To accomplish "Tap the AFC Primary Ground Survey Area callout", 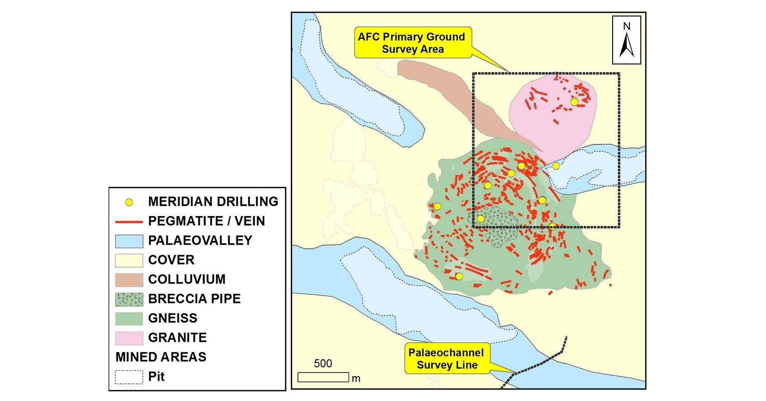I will pyautogui.click(x=412, y=43).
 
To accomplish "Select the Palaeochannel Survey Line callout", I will pyautogui.click(x=446, y=359).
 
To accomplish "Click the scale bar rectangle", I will pyautogui.click(x=323, y=377).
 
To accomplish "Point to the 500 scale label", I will pyautogui.click(x=323, y=363).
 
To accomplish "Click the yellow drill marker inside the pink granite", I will pyautogui.click(x=574, y=102).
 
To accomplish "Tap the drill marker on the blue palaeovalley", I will pyautogui.click(x=556, y=166).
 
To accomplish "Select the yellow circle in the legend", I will pyautogui.click(x=129, y=202).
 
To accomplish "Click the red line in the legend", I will pyautogui.click(x=129, y=222).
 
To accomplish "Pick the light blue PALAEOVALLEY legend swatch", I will pyautogui.click(x=129, y=241).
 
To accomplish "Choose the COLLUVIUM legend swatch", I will pyautogui.click(x=129, y=280).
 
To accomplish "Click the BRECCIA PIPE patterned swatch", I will pyautogui.click(x=129, y=299).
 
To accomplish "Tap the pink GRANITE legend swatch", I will pyautogui.click(x=129, y=338).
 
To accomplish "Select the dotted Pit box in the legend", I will pyautogui.click(x=129, y=377).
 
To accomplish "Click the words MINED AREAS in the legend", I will pyautogui.click(x=161, y=357).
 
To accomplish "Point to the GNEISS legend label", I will pyautogui.click(x=173, y=318).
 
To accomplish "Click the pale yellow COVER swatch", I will pyautogui.click(x=129, y=260).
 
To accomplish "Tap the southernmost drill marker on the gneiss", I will pyautogui.click(x=459, y=276).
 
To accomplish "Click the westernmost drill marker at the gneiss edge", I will pyautogui.click(x=437, y=207).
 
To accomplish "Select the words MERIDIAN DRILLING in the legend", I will pyautogui.click(x=213, y=202).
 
